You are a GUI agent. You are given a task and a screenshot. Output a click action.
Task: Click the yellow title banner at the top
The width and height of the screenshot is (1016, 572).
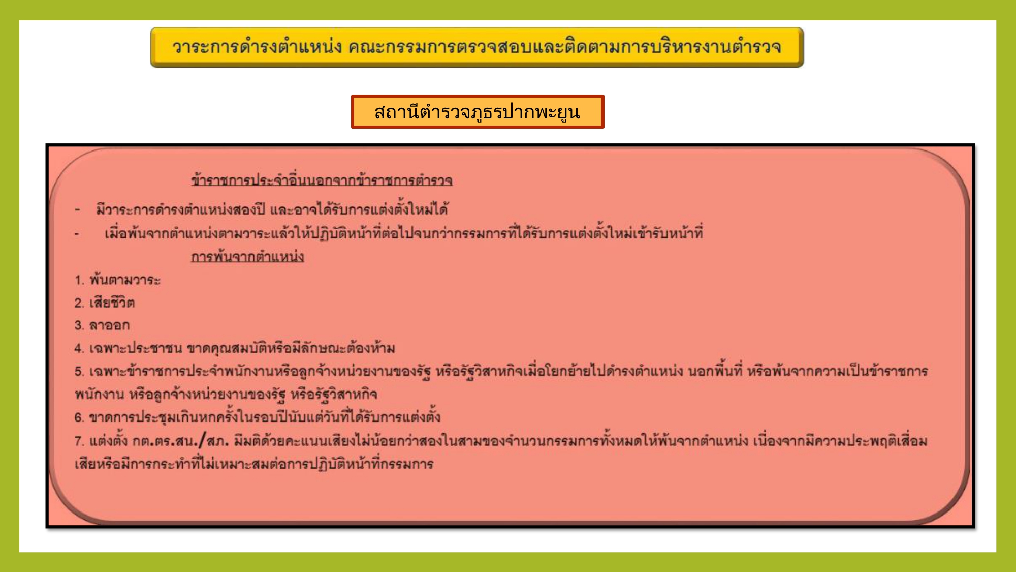pos(477,47)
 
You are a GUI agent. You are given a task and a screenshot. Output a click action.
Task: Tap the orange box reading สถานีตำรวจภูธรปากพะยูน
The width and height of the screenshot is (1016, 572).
pos(478,111)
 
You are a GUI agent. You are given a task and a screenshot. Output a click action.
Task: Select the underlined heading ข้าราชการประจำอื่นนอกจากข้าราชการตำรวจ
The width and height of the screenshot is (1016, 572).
pos(322,180)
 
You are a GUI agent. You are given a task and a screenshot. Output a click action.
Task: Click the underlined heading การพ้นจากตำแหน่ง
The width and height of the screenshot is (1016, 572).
pos(247,256)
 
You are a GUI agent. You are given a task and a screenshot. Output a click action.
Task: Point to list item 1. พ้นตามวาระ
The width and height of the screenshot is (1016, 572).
pos(117,280)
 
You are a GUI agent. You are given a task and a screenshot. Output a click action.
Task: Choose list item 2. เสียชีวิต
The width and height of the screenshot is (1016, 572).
pos(104,303)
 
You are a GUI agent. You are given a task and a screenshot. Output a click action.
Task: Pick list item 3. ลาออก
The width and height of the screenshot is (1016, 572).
pos(102,325)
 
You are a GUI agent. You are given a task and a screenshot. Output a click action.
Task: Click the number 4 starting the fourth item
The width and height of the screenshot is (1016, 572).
pos(78,348)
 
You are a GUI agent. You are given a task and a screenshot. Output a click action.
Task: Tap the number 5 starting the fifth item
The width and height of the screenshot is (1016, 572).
pos(78,371)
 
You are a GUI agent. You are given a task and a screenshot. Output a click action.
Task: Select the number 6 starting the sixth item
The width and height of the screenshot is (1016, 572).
pos(78,417)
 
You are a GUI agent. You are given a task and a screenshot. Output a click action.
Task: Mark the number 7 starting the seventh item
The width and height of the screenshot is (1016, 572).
pos(78,441)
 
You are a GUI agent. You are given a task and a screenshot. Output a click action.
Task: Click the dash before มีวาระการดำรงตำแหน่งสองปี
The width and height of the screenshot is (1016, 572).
pos(77,209)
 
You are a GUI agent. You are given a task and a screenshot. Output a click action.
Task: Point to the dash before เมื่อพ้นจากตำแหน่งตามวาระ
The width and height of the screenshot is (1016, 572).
pos(77,234)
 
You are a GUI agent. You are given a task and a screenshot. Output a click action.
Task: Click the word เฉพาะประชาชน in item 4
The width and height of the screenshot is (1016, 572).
pos(136,348)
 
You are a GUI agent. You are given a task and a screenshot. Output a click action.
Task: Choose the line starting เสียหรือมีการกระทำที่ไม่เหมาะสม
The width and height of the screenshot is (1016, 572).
pos(254,464)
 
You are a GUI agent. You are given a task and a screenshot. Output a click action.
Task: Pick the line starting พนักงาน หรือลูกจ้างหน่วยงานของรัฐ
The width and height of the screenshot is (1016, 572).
pos(226,394)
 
